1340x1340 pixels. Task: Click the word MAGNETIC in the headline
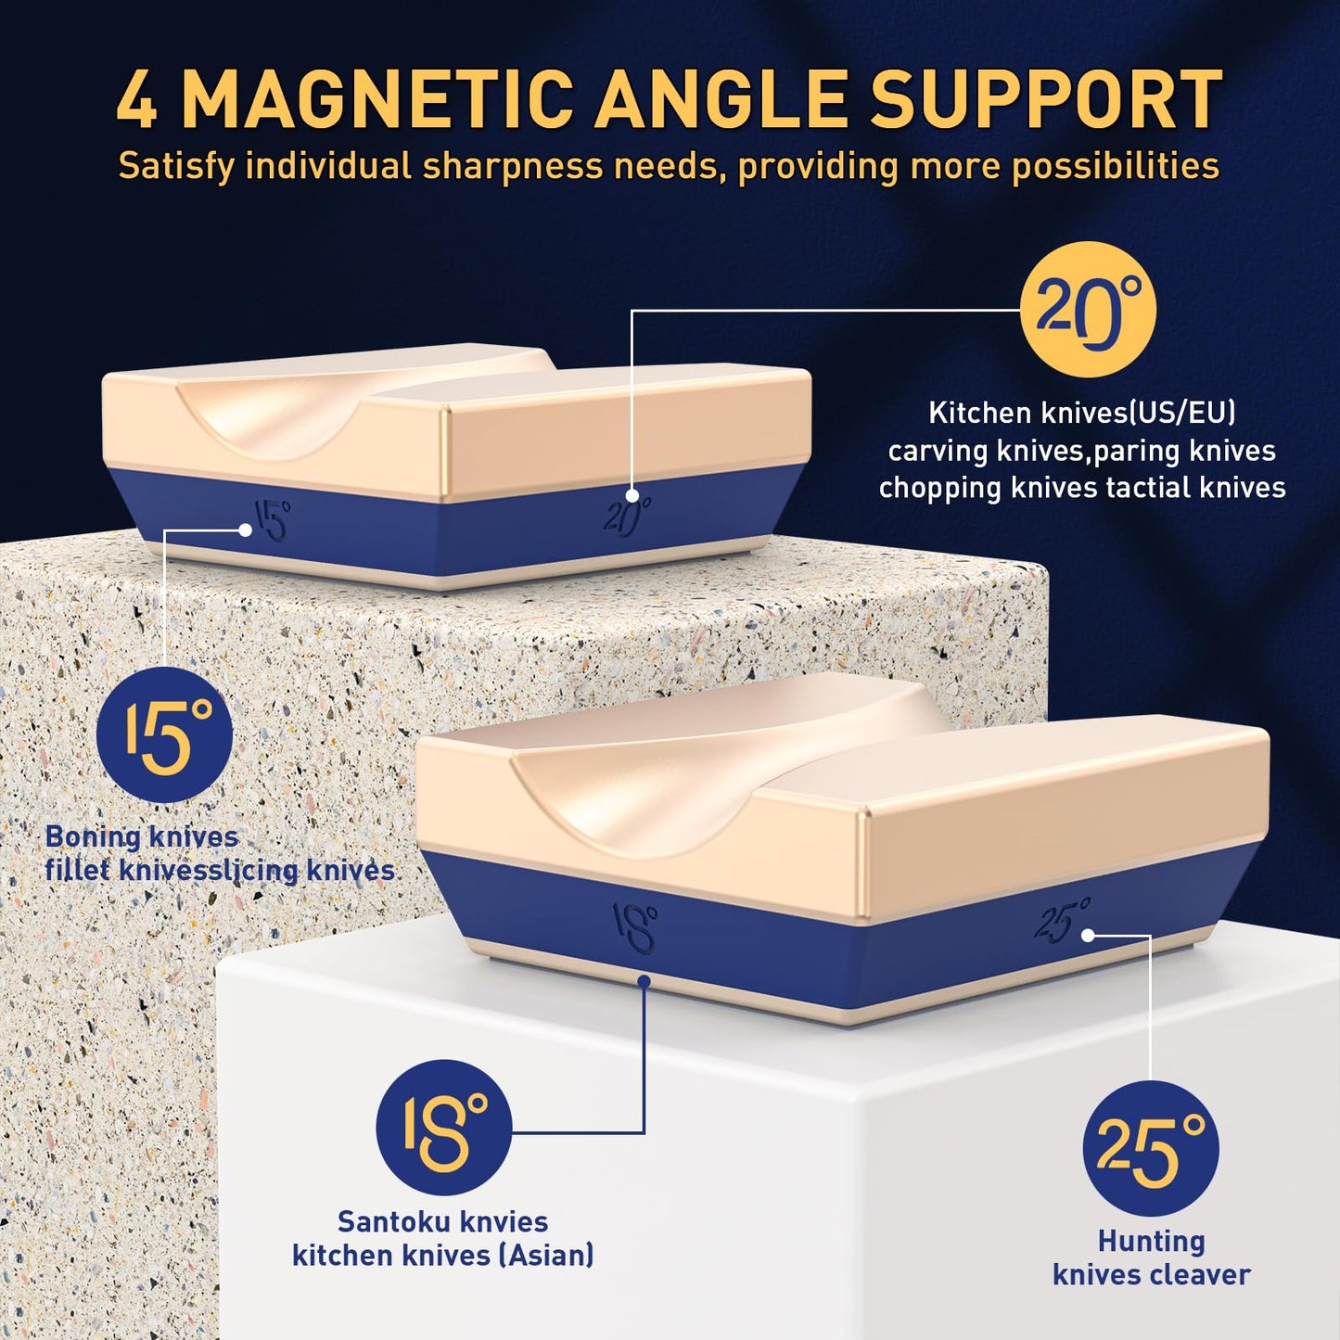coord(376,98)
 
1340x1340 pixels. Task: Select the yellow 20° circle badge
coord(1088,310)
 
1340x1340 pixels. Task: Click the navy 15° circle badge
coord(164,734)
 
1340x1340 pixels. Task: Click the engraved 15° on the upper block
coord(271,519)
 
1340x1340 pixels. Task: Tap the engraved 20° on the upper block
coord(627,516)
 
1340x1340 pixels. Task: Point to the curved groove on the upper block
coord(362,410)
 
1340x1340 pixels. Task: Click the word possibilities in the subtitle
coord(1116,167)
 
